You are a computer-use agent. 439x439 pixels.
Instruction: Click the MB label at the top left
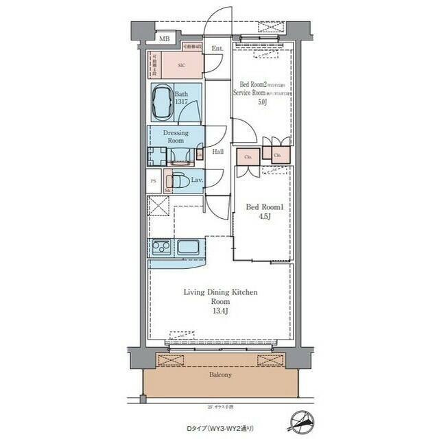tap(165, 40)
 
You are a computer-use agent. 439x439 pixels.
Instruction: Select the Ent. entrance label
tap(217, 49)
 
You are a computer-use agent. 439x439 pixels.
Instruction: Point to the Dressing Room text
tap(176, 136)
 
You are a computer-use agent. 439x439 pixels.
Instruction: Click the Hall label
tap(218, 152)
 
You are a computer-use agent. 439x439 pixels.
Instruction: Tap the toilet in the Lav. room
tap(179, 182)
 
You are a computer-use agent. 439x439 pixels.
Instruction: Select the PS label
tap(154, 181)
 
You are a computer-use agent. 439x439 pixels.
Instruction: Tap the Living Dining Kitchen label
tap(220, 292)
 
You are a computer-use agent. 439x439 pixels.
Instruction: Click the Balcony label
tap(220, 375)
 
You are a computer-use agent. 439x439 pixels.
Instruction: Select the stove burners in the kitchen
tap(161, 246)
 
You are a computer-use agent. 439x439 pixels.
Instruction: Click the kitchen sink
tap(188, 247)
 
